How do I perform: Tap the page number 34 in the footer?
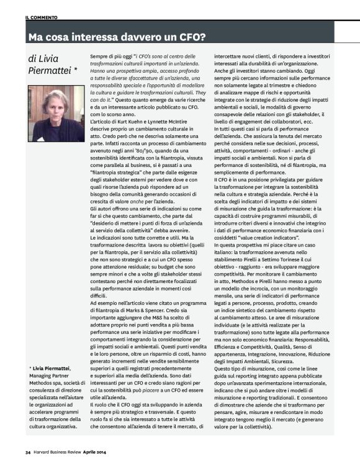coord(28,461)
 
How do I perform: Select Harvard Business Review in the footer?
coord(63,461)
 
